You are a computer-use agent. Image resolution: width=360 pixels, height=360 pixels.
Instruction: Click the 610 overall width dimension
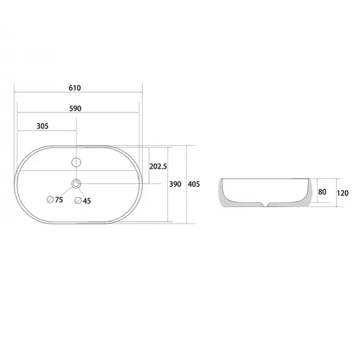click(x=75, y=88)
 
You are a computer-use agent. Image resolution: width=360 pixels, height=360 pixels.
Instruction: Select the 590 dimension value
click(x=75, y=109)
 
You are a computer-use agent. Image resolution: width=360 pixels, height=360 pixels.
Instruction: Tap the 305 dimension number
click(x=42, y=126)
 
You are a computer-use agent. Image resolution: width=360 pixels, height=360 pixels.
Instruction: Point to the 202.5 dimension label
click(x=158, y=166)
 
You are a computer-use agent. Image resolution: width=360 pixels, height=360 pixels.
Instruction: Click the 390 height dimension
click(x=175, y=184)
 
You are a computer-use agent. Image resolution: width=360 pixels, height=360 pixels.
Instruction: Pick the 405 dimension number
click(x=194, y=184)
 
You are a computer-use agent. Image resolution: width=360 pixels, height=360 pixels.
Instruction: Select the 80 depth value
click(x=322, y=192)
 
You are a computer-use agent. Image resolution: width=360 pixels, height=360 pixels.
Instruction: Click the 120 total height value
click(x=342, y=193)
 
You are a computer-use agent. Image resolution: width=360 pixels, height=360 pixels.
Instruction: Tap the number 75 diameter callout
click(x=59, y=200)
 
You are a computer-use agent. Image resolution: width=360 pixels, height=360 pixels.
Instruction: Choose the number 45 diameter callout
click(x=87, y=201)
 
